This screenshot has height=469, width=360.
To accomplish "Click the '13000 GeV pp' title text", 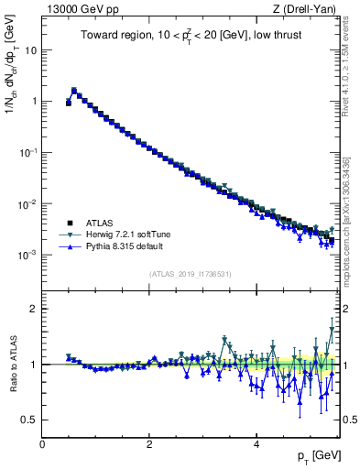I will (x=77, y=9).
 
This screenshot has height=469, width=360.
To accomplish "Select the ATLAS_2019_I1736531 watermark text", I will (x=190, y=274).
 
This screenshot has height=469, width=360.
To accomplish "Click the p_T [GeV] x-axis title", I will (x=314, y=455).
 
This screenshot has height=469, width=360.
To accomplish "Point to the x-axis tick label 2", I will (x=149, y=444).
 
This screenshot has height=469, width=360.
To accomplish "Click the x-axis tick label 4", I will (x=256, y=444).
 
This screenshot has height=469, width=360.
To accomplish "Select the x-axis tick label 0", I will (x=42, y=444).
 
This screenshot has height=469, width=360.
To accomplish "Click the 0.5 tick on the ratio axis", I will (x=29, y=420).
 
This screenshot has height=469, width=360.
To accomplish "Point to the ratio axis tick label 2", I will (x=34, y=309).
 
